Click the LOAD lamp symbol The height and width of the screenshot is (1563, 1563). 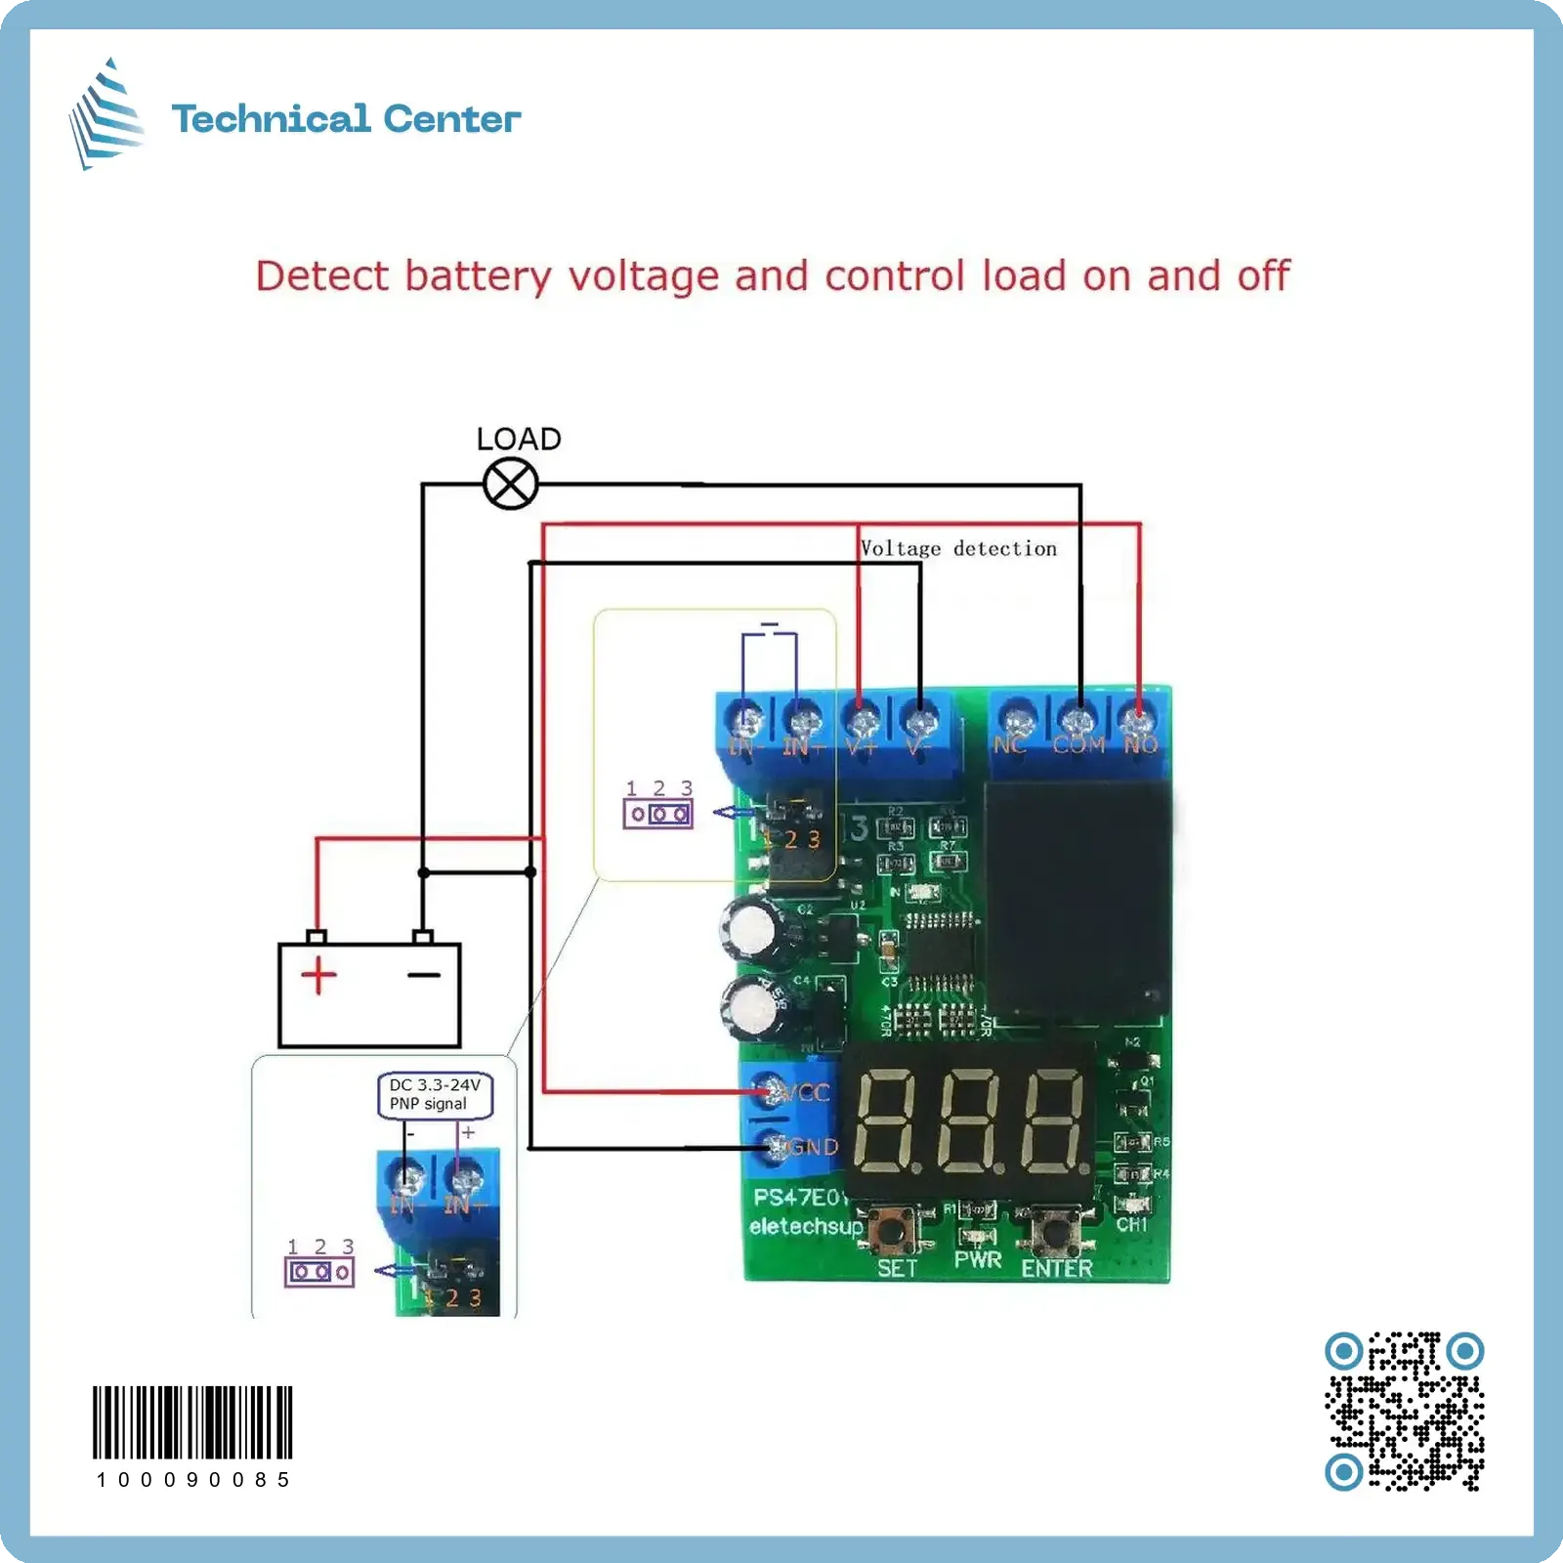511,484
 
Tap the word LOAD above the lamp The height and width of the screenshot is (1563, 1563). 519,439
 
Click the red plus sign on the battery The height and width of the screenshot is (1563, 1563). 318,975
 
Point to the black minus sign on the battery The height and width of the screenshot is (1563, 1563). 424,975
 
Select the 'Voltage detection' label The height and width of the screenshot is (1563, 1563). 958,549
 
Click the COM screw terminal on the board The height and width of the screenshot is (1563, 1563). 1077,723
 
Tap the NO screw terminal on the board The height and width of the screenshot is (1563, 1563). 1136,723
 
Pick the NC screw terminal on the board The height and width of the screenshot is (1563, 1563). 1018,723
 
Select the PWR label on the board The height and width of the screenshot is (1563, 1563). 978,1260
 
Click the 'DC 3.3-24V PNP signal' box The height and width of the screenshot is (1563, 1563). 435,1095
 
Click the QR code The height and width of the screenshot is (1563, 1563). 1404,1411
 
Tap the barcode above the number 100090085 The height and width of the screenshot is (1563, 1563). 192,1421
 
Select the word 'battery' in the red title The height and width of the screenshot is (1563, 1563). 479,276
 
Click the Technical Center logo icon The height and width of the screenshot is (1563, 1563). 106,114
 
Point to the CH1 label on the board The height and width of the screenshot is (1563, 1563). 1131,1224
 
